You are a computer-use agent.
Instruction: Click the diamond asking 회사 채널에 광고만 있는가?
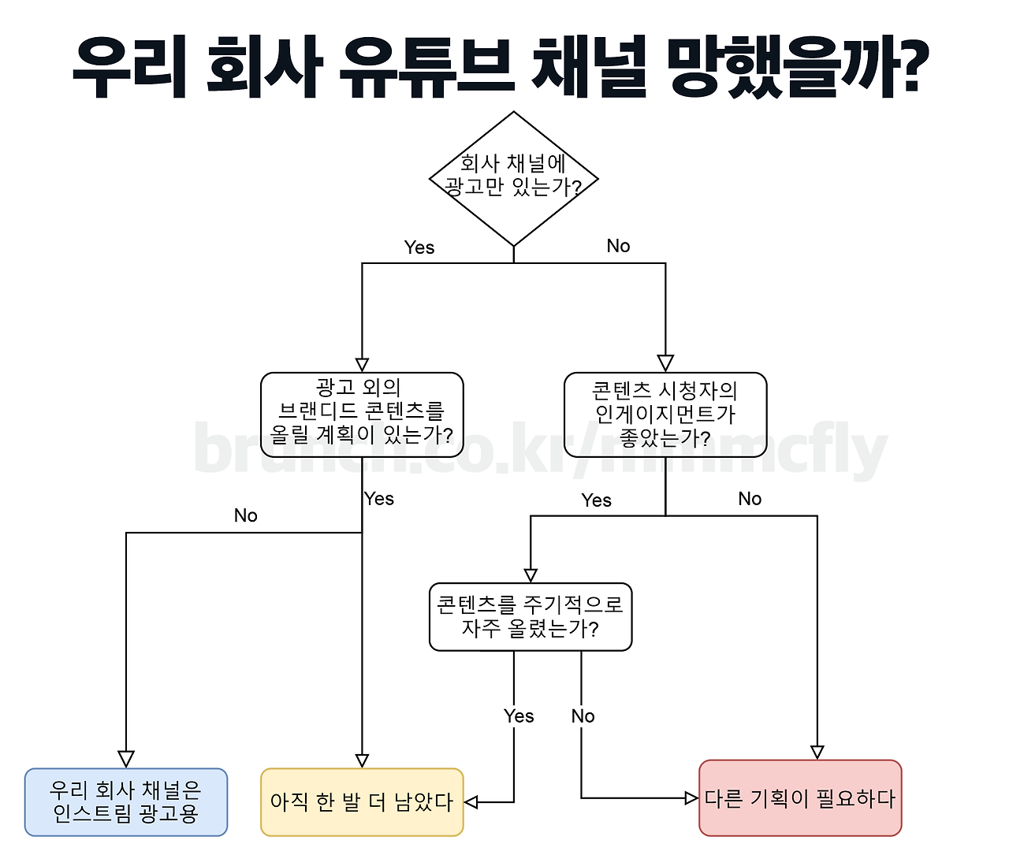[x=513, y=179]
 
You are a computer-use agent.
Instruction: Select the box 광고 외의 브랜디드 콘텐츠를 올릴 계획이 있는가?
[x=362, y=414]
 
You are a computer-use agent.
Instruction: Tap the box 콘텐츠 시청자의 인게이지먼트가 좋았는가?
[x=665, y=414]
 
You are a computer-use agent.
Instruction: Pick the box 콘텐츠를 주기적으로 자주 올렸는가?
[x=531, y=617]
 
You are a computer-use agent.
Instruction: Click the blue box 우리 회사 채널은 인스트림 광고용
[x=126, y=802]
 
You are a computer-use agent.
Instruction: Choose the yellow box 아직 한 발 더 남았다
[x=362, y=802]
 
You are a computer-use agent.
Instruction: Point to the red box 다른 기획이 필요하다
[x=800, y=798]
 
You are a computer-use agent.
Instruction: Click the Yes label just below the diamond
[x=419, y=247]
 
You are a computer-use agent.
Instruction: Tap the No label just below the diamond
[x=618, y=246]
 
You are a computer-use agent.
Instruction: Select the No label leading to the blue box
[x=245, y=515]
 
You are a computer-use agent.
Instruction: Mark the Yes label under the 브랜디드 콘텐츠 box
[x=379, y=499]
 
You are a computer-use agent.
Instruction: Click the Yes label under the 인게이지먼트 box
[x=596, y=500]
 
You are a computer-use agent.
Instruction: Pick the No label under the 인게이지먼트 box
[x=750, y=499]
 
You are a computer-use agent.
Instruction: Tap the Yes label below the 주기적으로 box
[x=519, y=716]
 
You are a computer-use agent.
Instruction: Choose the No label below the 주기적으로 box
[x=583, y=716]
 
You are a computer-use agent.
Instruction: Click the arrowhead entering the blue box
[x=126, y=760]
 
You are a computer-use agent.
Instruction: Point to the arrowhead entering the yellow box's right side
[x=471, y=802]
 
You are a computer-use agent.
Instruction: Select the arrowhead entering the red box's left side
[x=691, y=798]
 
